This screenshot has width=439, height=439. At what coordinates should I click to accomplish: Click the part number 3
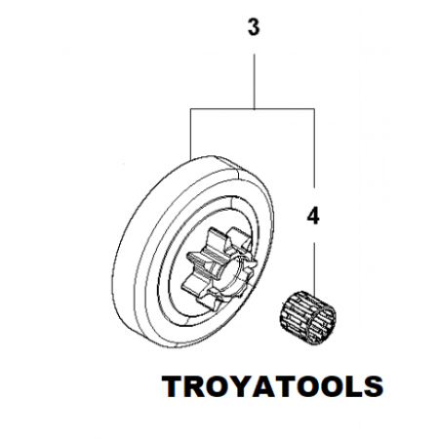pos(254,27)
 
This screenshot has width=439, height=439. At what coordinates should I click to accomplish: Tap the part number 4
pos(313,217)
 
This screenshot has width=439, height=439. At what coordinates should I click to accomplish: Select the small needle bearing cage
pos(307,317)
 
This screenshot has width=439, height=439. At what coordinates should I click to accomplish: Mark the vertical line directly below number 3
pos(254,81)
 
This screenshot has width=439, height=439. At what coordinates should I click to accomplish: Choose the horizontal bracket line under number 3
pos(253,109)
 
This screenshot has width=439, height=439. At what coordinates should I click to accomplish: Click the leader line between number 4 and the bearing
pos(314,266)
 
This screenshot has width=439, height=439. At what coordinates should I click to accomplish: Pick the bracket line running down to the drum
pos(191,134)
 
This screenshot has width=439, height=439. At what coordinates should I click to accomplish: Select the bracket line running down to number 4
pos(314,148)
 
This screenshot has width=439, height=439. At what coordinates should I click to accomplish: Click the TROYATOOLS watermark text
pos(272,386)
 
